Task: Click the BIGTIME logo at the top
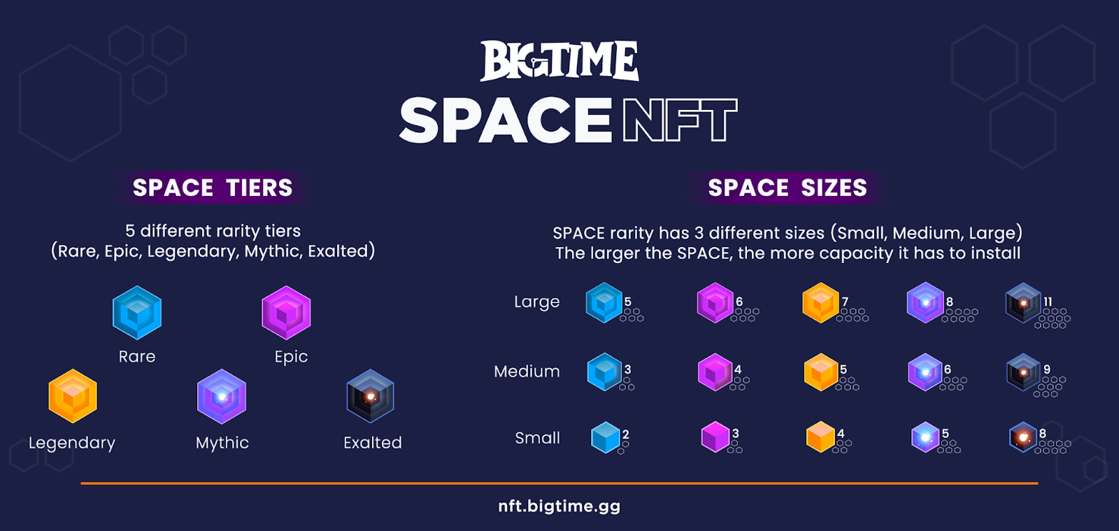[x=559, y=60]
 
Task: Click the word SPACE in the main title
[x=506, y=120]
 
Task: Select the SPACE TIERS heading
[x=213, y=187]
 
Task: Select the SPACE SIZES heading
[x=787, y=187]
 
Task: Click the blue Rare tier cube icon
[x=137, y=313]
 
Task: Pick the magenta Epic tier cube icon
[x=286, y=313]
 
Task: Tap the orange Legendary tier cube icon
[x=73, y=396]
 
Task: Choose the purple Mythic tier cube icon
[x=222, y=396]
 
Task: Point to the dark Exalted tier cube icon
[x=371, y=396]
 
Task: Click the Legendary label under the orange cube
[x=72, y=444]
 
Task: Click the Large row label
[x=537, y=302]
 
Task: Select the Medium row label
[x=527, y=371]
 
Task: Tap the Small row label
[x=538, y=437]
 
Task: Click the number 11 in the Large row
[x=1048, y=302]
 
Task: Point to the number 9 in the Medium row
[x=1047, y=369]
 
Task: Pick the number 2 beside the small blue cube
[x=626, y=434]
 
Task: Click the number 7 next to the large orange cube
[x=845, y=302]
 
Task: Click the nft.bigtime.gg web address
[x=559, y=507]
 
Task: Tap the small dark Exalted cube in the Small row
[x=1022, y=437]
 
